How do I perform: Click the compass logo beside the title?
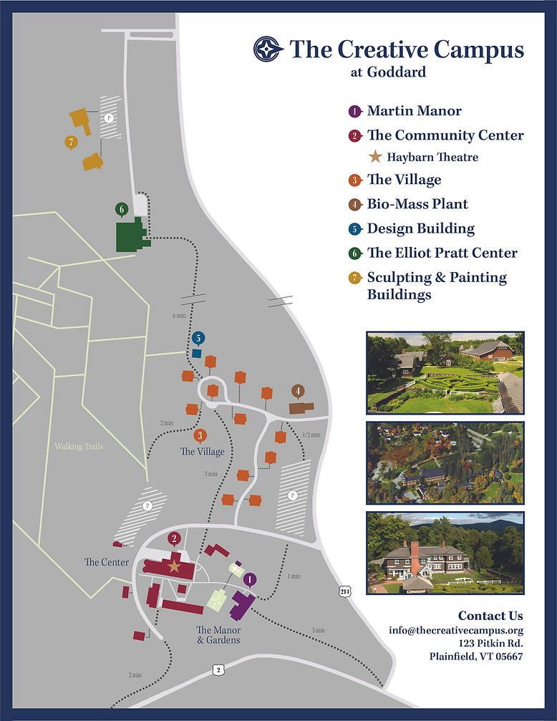268,49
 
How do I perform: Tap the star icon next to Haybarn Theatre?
375,157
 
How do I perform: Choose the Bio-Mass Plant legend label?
417,204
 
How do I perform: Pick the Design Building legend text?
420,228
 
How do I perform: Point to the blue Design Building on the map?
197,353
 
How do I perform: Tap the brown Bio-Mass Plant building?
300,407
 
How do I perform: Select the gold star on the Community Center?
174,566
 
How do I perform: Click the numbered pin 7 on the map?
70,142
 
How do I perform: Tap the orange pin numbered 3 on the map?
200,435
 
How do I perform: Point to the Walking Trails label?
79,447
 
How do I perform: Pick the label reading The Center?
107,563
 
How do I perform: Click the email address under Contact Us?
456,630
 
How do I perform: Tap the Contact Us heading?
490,616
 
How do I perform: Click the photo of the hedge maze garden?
445,372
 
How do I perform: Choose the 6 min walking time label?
179,316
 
